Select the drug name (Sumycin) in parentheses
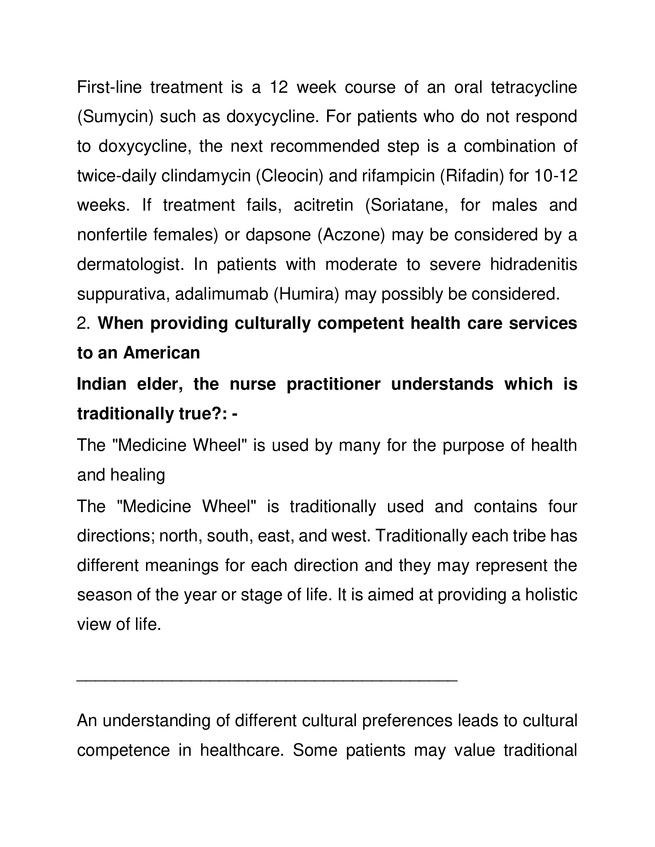point(116,117)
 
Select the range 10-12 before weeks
point(556,176)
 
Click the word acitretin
point(323,205)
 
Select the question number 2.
point(83,323)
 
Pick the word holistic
point(551,595)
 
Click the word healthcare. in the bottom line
point(242,750)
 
